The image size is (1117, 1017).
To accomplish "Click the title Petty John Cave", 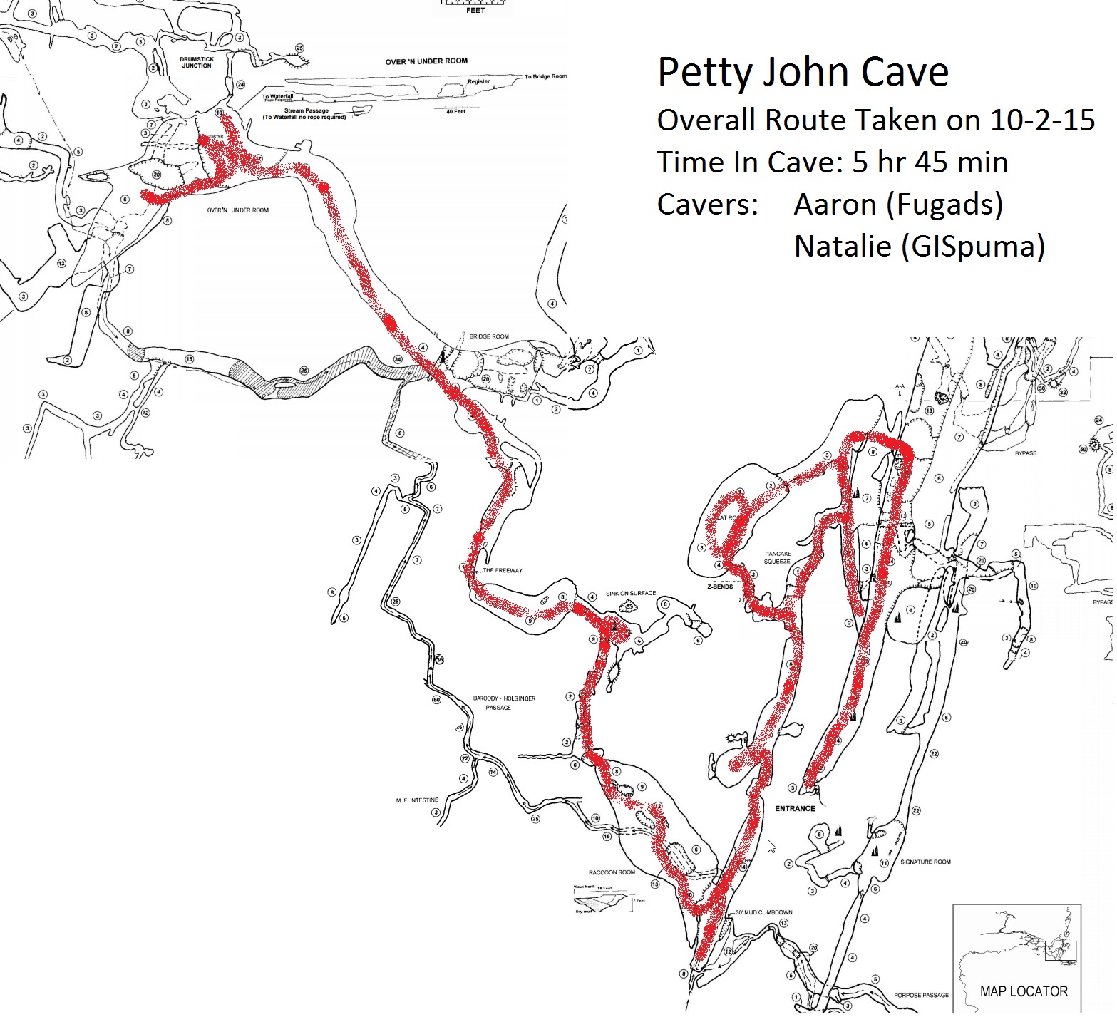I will point(803,72).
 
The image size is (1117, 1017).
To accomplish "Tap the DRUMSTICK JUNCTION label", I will point(197,63).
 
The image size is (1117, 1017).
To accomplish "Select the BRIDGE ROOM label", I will point(489,336).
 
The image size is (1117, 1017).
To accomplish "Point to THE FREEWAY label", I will point(503,570).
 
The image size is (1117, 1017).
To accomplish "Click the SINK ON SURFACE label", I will point(631,593).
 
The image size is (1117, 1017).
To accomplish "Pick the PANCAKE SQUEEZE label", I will point(778,557).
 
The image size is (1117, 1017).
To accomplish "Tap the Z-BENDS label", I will point(719,587).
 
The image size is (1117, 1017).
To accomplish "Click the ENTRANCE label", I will point(795,808).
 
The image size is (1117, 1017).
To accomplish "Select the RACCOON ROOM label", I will point(612,872).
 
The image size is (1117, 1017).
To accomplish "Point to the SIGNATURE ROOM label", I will point(925,862).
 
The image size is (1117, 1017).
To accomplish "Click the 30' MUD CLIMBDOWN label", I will point(763,912).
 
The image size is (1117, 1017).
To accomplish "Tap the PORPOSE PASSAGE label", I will point(921,995).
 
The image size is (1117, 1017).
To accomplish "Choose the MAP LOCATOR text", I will point(1024,991).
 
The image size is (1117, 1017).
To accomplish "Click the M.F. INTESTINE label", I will point(417,800).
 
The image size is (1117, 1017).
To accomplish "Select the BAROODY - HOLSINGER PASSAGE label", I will point(504,703).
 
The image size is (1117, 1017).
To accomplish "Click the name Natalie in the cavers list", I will point(843,247).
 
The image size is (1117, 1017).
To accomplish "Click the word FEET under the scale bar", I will point(475,11).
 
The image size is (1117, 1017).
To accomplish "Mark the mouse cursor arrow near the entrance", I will point(771,846).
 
